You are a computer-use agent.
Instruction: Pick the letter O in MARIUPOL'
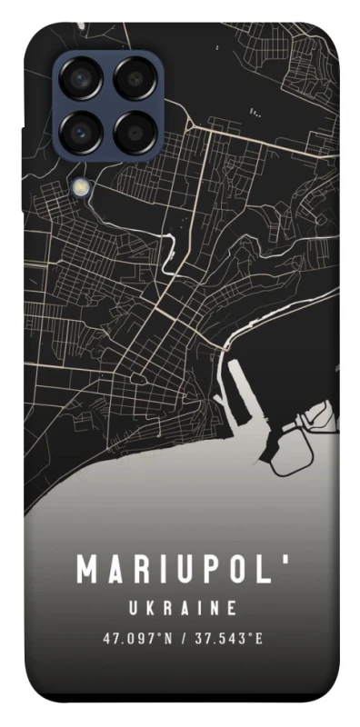pyautogui.click(x=225, y=571)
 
